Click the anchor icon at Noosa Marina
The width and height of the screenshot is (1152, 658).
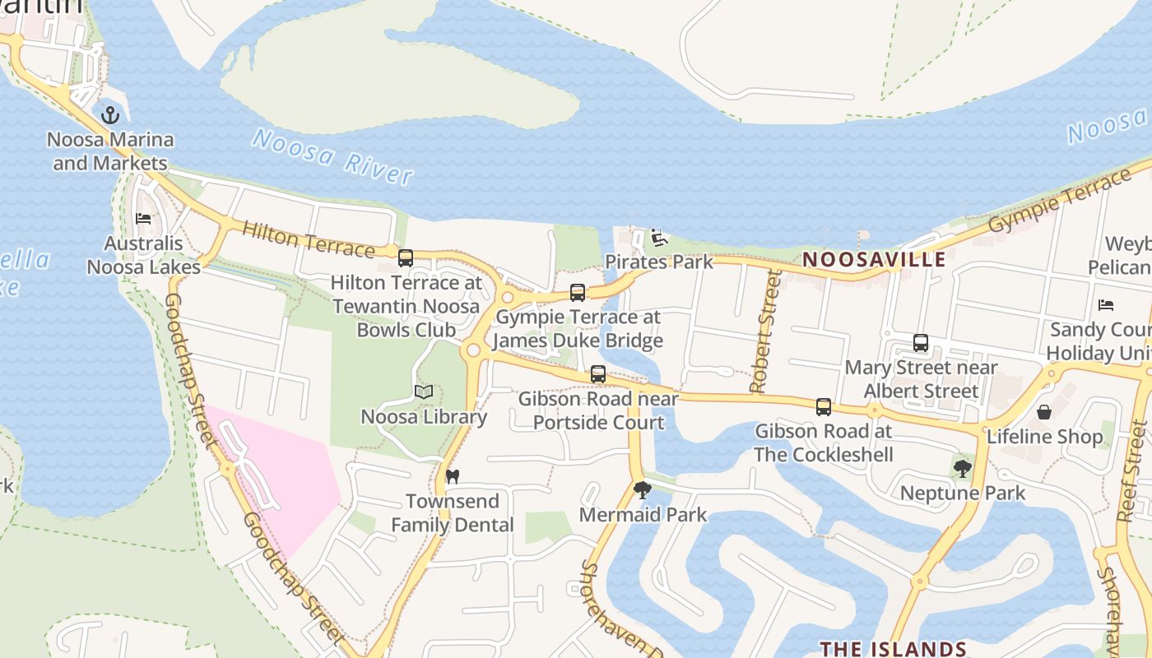[x=110, y=115]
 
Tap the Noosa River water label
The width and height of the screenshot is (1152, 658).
[x=332, y=156]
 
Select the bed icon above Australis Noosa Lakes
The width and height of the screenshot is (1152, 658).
[x=143, y=219]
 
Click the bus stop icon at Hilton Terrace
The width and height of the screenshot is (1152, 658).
[x=405, y=258]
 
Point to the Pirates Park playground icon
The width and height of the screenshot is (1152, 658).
[x=658, y=238]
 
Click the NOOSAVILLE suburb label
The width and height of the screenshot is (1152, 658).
[x=874, y=260]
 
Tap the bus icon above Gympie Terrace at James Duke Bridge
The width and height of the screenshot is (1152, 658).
[x=578, y=293]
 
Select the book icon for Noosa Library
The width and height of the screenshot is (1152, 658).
[x=424, y=392]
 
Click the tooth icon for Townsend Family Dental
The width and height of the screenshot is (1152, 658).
[x=452, y=476]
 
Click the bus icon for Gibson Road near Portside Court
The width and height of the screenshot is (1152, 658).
[x=598, y=374]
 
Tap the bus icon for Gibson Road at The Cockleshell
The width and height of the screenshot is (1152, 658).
[x=823, y=406]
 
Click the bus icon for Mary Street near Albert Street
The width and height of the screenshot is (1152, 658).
[x=921, y=343]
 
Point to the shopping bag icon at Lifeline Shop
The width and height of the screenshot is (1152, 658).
[x=1044, y=412]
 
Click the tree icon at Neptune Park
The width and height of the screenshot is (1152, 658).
[x=962, y=469]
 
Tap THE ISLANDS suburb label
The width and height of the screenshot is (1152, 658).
[x=893, y=649]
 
